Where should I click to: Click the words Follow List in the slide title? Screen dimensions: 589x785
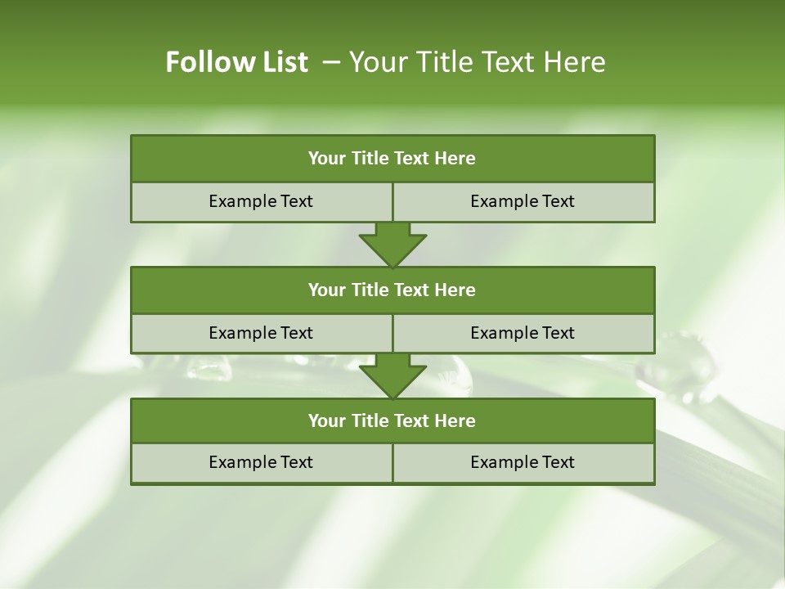click(x=236, y=62)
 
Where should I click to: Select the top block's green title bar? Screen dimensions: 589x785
click(x=392, y=159)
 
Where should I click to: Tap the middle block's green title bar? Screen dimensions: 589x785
click(x=392, y=290)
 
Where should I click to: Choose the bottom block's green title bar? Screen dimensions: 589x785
click(x=392, y=421)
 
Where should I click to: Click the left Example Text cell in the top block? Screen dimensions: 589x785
click(x=261, y=202)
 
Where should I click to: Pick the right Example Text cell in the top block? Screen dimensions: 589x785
click(x=523, y=202)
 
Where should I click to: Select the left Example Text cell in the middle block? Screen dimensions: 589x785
click(x=261, y=334)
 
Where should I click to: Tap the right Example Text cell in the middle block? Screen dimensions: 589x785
click(x=523, y=334)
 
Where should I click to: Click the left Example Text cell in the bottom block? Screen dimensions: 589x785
click(x=261, y=463)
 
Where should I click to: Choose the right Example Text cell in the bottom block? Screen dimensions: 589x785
click(x=523, y=463)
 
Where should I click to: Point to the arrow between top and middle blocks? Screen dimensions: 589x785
click(x=392, y=244)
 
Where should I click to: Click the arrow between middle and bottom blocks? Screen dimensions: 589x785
click(x=392, y=375)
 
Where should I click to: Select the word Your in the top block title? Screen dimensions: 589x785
click(x=328, y=159)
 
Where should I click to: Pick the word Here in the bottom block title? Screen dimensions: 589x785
click(x=455, y=421)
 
